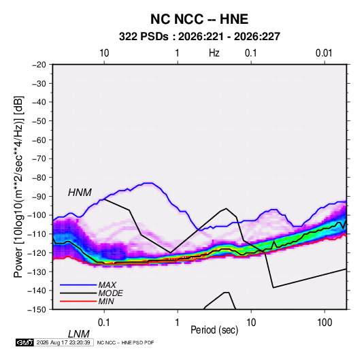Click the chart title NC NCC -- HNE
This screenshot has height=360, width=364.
[x=199, y=19]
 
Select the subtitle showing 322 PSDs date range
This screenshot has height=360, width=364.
[x=199, y=37]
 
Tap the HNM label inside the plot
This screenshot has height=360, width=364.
[x=80, y=193]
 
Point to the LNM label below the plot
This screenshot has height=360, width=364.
[x=78, y=334]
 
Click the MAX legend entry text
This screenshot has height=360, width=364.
[x=107, y=284]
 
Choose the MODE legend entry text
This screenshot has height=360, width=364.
[x=110, y=293]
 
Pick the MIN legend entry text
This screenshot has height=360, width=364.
[x=106, y=301]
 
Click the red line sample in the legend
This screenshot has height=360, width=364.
[x=78, y=301]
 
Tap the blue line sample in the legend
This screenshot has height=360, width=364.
[x=78, y=285]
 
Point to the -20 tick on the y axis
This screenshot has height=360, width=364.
[x=39, y=65]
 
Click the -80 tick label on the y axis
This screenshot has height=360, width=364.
[x=39, y=178]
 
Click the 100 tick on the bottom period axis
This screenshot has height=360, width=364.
[x=325, y=323]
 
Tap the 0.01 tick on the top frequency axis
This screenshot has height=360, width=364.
[x=324, y=53]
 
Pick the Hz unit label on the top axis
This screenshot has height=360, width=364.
[x=214, y=53]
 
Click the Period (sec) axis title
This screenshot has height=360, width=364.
[x=214, y=330]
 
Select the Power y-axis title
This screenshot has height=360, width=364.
[x=18, y=187]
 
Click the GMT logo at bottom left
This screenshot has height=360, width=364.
[x=24, y=342]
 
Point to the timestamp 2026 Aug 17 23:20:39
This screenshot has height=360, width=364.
[x=63, y=342]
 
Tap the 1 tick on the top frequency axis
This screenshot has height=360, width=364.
[x=177, y=53]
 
